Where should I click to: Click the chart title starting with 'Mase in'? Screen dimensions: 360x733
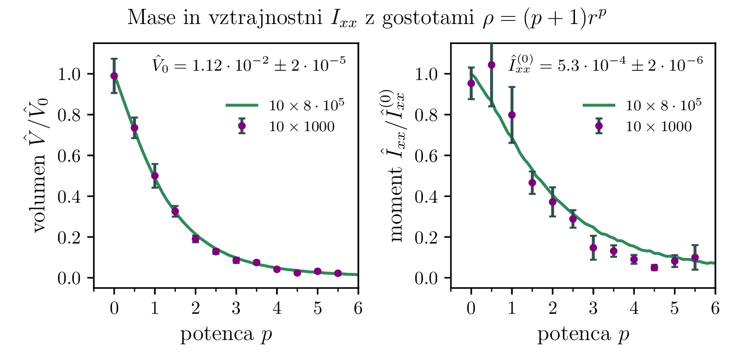(367, 18)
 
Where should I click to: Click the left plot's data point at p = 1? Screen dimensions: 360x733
(155, 176)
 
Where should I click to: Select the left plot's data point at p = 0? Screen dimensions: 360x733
(114, 76)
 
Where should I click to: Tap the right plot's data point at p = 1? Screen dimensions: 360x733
(512, 115)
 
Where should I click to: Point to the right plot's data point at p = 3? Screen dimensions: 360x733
(593, 248)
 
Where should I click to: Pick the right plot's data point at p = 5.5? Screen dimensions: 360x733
(695, 257)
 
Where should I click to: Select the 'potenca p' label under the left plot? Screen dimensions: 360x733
(226, 334)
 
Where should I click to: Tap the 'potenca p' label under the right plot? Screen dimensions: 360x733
(583, 334)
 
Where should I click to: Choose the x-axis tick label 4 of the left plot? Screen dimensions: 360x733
(277, 308)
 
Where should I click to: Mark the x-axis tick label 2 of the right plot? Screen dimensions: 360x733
(553, 308)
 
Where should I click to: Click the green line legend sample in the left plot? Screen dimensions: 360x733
(242, 105)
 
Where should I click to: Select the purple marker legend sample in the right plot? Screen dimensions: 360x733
(599, 126)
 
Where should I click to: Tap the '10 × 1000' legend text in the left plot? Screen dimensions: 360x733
(302, 127)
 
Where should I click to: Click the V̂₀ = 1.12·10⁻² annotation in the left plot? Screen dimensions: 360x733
(249, 65)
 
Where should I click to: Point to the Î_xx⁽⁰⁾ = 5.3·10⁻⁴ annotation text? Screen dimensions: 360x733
(606, 64)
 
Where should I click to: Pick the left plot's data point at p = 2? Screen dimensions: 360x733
(195, 239)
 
